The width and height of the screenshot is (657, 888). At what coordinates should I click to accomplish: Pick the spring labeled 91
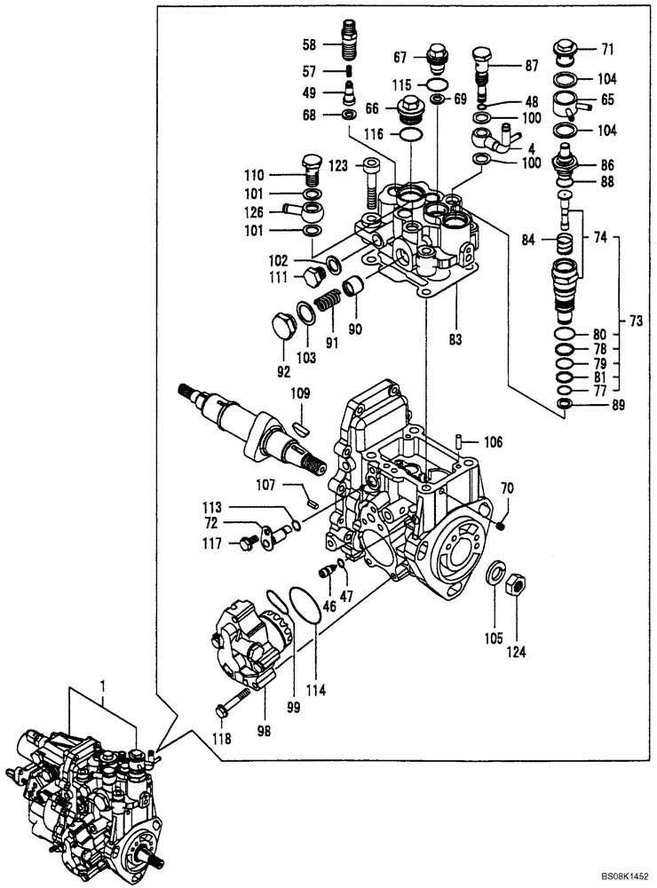click(x=328, y=302)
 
